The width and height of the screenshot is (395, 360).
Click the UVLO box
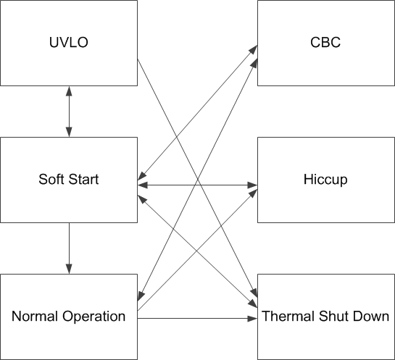pyautogui.click(x=69, y=43)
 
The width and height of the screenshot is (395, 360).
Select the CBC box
pyautogui.click(x=325, y=43)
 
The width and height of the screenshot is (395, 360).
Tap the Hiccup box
pyautogui.click(x=325, y=179)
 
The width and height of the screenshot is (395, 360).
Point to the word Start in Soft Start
pyautogui.click(x=83, y=180)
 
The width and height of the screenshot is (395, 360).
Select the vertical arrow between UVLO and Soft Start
pyautogui.click(x=69, y=112)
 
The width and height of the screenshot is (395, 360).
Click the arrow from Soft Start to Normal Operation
pyautogui.click(x=69, y=246)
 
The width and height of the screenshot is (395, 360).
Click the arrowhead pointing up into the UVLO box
pyautogui.click(x=69, y=91)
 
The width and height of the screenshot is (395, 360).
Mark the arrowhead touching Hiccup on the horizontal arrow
pyautogui.click(x=254, y=185)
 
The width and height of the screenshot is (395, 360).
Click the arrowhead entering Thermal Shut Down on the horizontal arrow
pyautogui.click(x=254, y=318)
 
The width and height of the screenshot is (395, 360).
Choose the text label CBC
pyautogui.click(x=325, y=43)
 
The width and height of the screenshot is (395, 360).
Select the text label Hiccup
pyautogui.click(x=325, y=180)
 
